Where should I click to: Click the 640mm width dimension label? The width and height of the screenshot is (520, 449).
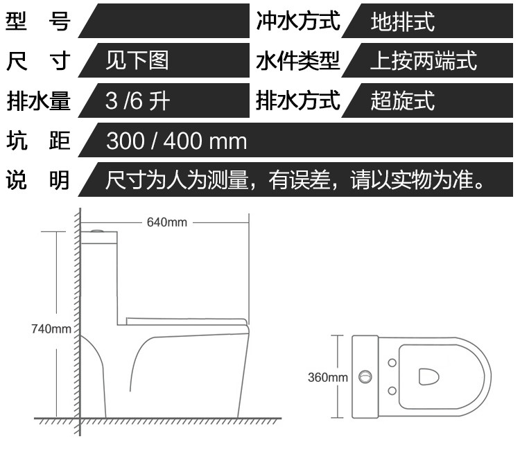[167, 222]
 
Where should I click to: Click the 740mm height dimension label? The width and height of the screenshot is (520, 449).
[51, 328]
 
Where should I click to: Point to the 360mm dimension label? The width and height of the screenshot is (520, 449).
[327, 378]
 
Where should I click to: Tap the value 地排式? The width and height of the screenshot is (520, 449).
[402, 22]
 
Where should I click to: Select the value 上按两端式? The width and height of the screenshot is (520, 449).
[424, 61]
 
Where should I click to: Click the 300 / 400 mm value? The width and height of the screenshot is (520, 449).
[176, 141]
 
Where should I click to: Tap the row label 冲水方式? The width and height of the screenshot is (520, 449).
[298, 21]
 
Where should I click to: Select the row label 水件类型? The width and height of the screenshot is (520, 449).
[298, 61]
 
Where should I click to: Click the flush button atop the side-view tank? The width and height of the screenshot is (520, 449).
[100, 229]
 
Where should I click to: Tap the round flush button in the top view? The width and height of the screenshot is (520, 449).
[365, 378]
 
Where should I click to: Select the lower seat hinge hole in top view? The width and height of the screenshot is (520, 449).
[392, 391]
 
